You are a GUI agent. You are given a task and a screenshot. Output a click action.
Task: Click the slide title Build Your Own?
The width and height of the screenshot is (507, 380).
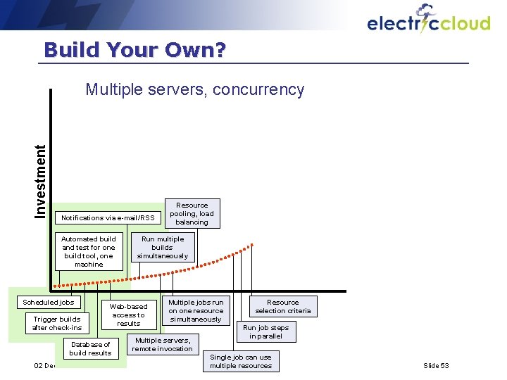pyautogui.click(x=134, y=50)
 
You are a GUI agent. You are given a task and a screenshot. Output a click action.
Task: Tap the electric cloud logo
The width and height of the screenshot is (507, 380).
pyautogui.click(x=428, y=21)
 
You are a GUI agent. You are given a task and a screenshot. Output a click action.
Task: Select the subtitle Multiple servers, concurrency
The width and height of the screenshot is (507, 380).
pyautogui.click(x=194, y=90)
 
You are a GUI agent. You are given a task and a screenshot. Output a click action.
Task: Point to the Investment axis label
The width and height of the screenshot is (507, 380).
pyautogui.click(x=42, y=181)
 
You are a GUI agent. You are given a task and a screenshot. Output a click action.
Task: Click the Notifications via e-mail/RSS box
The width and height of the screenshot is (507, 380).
pyautogui.click(x=108, y=218)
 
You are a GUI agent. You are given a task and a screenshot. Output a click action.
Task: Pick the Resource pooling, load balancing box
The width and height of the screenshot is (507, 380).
pyautogui.click(x=192, y=214)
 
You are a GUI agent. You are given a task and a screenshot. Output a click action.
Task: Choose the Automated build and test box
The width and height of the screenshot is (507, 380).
pyautogui.click(x=89, y=252)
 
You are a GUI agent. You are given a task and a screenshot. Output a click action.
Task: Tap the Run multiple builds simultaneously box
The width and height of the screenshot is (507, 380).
pyautogui.click(x=162, y=248)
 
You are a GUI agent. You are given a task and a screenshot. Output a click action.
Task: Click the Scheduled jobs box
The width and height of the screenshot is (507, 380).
pyautogui.click(x=49, y=303)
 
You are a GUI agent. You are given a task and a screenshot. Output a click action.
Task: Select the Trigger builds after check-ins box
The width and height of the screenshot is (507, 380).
pyautogui.click(x=57, y=324)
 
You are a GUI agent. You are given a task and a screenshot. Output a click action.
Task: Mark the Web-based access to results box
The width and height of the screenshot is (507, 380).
pyautogui.click(x=129, y=315)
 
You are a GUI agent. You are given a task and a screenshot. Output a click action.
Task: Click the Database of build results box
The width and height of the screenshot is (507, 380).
pyautogui.click(x=90, y=348)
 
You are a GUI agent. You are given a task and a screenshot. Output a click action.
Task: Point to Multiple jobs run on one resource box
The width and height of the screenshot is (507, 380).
pyautogui.click(x=196, y=310)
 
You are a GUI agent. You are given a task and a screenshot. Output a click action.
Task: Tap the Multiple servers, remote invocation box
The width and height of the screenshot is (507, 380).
pyautogui.click(x=163, y=344)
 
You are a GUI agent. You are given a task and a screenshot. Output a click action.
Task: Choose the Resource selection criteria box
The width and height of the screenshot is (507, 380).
pyautogui.click(x=282, y=307)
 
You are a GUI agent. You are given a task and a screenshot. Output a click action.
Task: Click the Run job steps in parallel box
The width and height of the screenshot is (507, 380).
pyautogui.click(x=266, y=332)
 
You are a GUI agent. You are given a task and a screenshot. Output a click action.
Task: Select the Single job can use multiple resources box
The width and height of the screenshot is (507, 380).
pyautogui.click(x=241, y=362)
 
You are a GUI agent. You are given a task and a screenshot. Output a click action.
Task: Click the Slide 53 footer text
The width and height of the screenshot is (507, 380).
pyautogui.click(x=436, y=366)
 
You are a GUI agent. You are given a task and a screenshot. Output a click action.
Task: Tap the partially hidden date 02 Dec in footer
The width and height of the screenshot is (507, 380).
pyautogui.click(x=44, y=366)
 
